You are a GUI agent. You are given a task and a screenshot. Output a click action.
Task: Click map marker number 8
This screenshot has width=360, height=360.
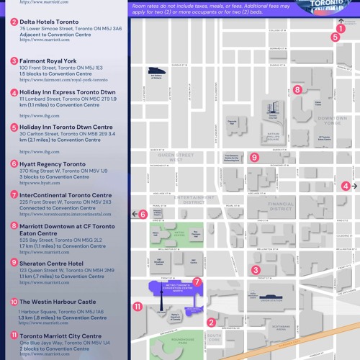pyautogui.click(x=297, y=90)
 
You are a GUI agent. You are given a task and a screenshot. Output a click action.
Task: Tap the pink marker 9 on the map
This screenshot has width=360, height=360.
pyautogui.click(x=253, y=157)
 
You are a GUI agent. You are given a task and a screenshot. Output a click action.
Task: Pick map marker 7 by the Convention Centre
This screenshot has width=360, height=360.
pyautogui.click(x=197, y=282)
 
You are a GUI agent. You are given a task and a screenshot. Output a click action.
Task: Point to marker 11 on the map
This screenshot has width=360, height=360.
pyautogui.click(x=138, y=306)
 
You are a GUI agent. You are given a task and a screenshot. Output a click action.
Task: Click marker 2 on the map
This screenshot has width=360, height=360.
pyautogui.click(x=211, y=323)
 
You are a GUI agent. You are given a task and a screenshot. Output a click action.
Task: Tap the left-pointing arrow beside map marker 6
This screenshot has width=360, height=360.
pyautogui.click(x=135, y=214)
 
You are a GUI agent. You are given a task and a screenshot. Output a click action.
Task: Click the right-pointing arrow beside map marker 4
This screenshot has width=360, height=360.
pyautogui.click(x=354, y=186)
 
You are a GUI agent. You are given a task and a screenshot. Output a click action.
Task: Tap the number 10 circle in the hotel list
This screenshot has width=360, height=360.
pyautogui.click(x=14, y=302)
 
